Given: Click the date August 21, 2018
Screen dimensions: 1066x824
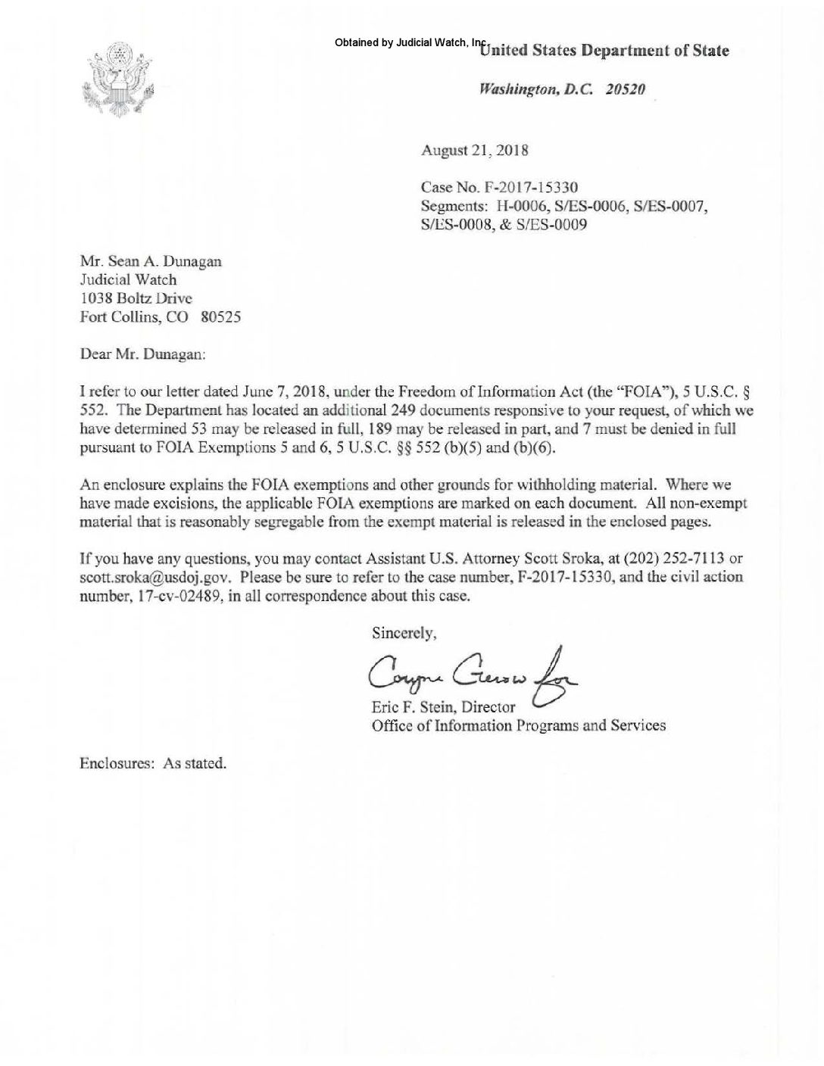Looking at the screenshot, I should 474,150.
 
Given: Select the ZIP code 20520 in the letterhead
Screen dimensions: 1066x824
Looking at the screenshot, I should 625,89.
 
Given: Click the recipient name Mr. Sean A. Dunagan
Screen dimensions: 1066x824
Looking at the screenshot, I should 151,261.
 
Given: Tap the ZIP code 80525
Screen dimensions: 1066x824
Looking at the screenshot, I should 221,317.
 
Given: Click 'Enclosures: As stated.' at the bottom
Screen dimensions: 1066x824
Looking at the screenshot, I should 153,763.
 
